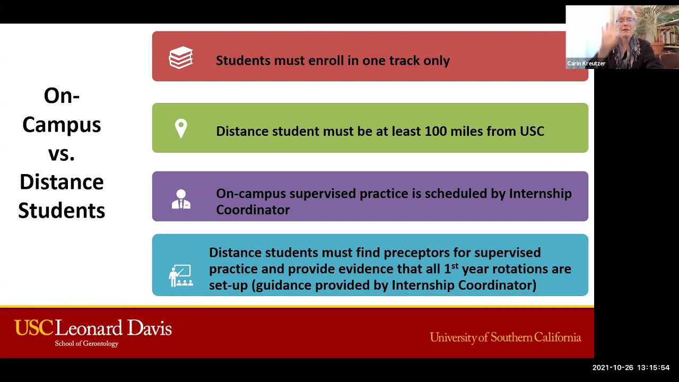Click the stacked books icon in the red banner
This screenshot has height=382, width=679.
[181, 58]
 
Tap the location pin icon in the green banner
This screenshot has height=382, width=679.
[181, 128]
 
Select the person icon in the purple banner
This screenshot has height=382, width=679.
[181, 199]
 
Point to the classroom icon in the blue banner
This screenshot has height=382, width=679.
[180, 275]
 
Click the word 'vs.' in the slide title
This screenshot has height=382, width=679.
[62, 153]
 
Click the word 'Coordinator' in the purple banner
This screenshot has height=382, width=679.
[253, 210]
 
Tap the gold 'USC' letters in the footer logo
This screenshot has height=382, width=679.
[33, 328]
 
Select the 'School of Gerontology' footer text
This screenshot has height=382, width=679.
[86, 344]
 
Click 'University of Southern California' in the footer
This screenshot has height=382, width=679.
[505, 337]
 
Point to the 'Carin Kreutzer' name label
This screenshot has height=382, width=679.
[586, 64]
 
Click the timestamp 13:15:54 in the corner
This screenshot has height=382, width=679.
[654, 368]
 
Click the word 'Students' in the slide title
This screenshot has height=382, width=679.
[62, 211]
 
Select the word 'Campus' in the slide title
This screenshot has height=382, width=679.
[62, 125]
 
